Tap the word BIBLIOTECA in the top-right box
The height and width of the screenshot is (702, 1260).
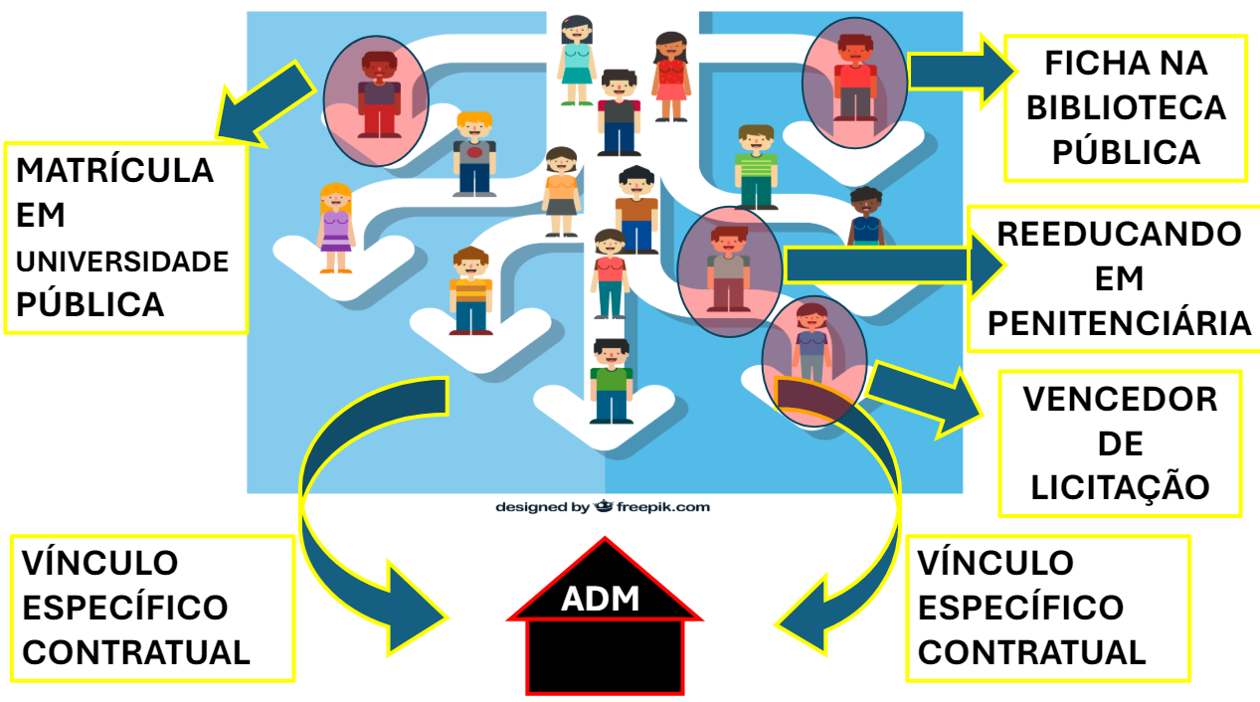1126,107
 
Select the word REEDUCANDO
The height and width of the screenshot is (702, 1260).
1119,235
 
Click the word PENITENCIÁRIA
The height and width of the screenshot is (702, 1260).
1119,323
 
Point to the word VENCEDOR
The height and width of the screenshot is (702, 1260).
1120,399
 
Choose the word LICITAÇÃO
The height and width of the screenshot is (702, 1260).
1120,487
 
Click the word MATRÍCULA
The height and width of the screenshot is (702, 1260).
115,170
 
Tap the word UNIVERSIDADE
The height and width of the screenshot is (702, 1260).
122,262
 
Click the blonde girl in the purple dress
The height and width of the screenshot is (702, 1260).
335,228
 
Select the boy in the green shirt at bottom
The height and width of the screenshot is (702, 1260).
611,381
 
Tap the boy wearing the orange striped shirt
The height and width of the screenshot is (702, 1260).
470,290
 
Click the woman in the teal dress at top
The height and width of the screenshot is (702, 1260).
576,60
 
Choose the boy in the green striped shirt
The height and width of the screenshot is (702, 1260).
756,166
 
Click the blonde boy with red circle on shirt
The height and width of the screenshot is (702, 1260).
474,153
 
